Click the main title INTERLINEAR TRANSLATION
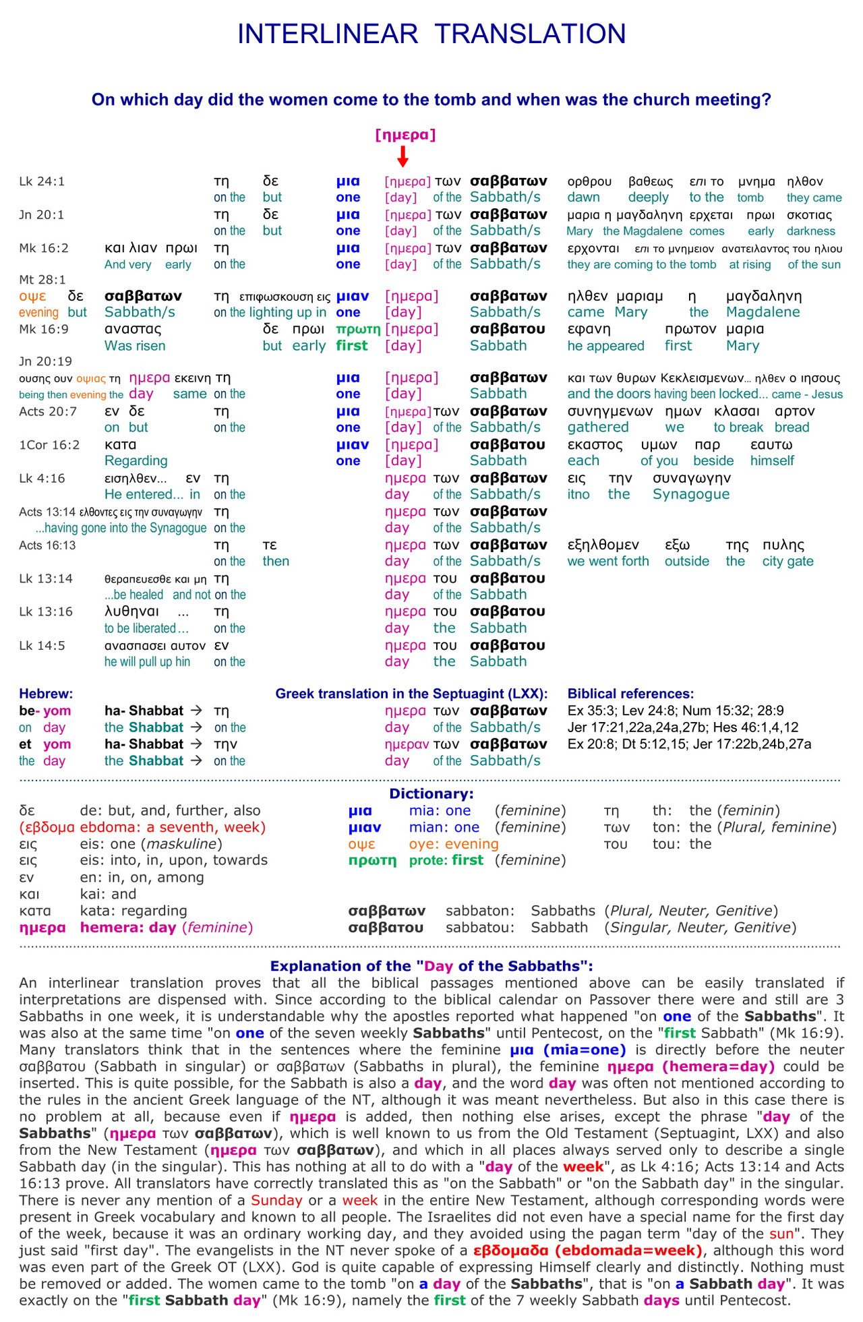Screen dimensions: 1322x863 click(431, 34)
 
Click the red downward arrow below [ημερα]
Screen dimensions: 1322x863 click(403, 156)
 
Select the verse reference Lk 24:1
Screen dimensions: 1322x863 click(42, 181)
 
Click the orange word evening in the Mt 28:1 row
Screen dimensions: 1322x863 click(39, 312)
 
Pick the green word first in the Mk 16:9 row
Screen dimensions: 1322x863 click(352, 346)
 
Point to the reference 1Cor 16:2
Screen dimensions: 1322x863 click(49, 445)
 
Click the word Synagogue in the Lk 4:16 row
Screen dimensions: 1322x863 click(691, 494)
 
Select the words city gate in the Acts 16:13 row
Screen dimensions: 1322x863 click(787, 561)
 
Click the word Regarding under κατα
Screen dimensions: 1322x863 click(136, 461)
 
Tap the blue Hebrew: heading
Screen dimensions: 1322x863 click(46, 694)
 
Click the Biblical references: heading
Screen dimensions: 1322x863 click(630, 694)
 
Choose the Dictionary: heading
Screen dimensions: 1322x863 click(431, 794)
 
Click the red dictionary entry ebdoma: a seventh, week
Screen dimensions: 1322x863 click(173, 827)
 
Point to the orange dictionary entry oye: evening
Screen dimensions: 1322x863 click(454, 844)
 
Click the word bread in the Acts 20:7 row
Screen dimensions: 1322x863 click(792, 427)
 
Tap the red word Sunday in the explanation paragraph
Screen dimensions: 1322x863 click(276, 1201)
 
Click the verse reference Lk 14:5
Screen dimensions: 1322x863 click(42, 646)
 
